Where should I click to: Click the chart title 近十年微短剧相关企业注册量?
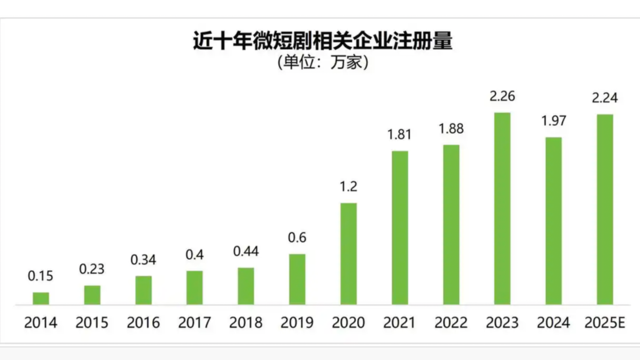323,41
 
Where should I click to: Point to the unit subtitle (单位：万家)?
323,62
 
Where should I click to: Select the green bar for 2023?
502,208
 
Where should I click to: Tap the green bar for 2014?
41,298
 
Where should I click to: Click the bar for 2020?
349,254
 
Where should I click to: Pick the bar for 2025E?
605,209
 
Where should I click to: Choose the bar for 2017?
195,288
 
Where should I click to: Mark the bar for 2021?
400,228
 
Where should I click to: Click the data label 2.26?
502,96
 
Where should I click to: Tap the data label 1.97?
554,121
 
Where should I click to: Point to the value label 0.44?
246,251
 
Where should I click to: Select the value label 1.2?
349,187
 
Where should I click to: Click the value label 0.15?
40,276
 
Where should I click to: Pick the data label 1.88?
451,129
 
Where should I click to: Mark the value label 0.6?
297,238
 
